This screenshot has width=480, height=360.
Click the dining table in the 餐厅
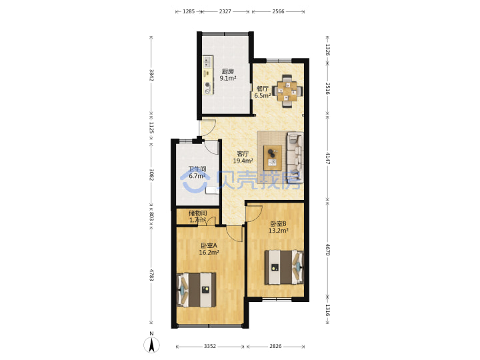click(287, 91)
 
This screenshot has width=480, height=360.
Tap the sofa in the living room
click(295, 157)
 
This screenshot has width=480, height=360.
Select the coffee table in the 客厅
click(273, 157)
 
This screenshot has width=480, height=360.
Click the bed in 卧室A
click(196, 289)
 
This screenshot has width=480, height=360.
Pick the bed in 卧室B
click(285, 267)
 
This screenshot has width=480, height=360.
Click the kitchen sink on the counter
click(208, 62)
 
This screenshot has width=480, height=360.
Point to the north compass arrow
click(151, 345)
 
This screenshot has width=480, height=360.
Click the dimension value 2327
click(225, 11)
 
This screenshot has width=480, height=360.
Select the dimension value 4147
click(327, 158)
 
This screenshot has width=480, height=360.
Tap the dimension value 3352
click(210, 346)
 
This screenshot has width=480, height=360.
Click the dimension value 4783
click(151, 275)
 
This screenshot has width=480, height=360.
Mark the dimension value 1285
click(189, 11)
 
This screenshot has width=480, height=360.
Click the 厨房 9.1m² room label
click(228, 75)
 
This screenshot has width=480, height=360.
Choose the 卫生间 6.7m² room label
click(197, 173)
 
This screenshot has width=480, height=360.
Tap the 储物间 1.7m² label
click(198, 217)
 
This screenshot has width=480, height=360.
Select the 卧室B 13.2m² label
click(278, 227)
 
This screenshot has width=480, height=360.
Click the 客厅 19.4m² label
click(243, 157)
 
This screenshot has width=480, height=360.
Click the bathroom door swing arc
click(211, 147)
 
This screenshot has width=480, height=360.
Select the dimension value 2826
click(275, 346)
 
